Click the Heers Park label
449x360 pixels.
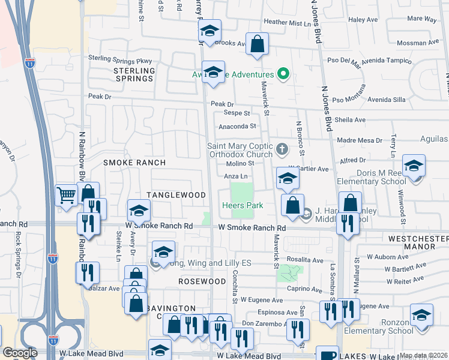pos(243,205)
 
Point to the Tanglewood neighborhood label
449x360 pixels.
pos(176,195)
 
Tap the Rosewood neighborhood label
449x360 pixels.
pos(202,281)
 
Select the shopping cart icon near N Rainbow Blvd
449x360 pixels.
pos(66,194)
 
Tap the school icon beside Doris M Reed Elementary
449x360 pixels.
pos(414,166)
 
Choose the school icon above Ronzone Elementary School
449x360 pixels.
pos(421,315)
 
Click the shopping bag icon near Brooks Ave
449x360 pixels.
pos(257,44)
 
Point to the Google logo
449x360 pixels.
pos(20,353)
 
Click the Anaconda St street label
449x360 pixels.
pos(237,126)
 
